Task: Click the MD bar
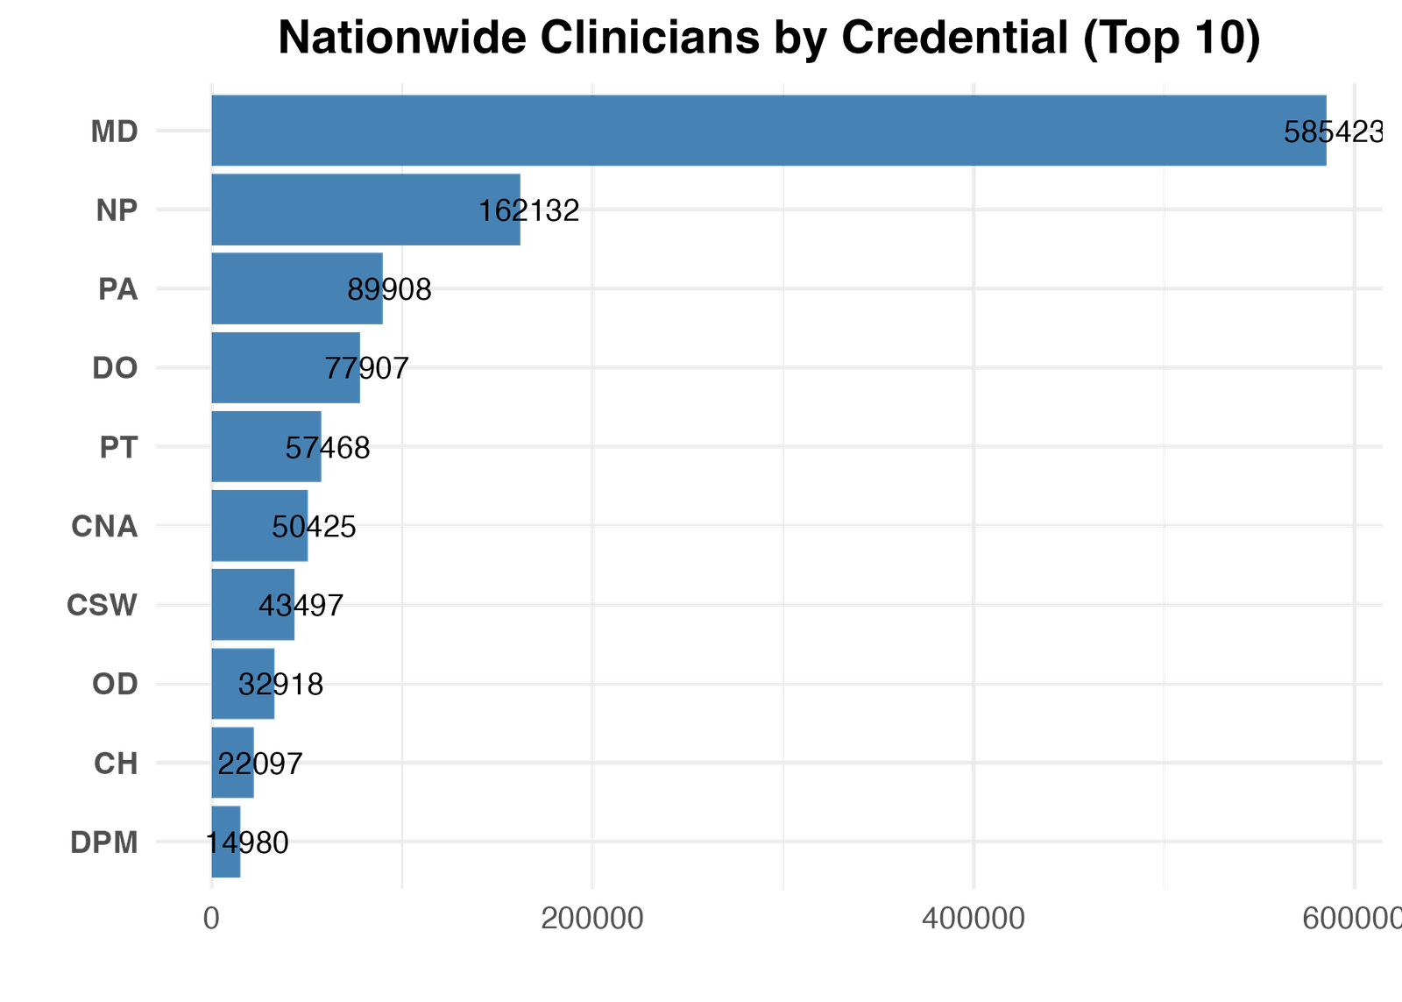pos(768,131)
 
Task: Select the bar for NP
pos(366,210)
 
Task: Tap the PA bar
pos(298,288)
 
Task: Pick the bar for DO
pos(286,367)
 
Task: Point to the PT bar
pos(266,446)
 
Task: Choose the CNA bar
pos(260,526)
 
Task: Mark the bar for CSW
pos(253,605)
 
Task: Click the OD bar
pos(244,684)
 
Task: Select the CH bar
pos(233,763)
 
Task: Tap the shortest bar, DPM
pos(227,842)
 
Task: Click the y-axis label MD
pos(114,131)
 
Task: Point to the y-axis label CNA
pos(104,527)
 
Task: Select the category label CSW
pos(102,606)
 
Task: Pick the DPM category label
pos(103,842)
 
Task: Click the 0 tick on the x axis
pos(211,918)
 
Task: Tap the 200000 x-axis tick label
pos(592,918)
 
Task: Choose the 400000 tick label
pos(974,918)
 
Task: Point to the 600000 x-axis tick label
pos(1352,918)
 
